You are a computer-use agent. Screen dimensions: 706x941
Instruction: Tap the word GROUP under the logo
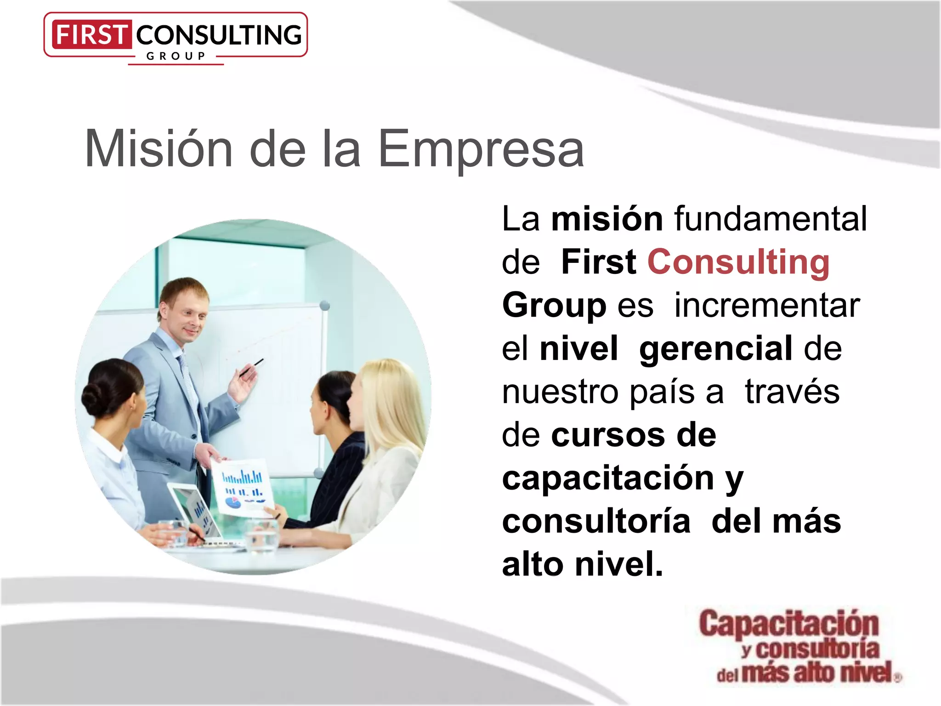(176, 57)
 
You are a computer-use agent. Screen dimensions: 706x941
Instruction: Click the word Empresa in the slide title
(481, 149)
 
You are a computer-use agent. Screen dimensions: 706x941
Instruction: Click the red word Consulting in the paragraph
(738, 262)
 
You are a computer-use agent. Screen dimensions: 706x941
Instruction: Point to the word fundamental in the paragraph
(771, 219)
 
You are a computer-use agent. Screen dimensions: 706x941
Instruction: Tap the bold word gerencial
(715, 348)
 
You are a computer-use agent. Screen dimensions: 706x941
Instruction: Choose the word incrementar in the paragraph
(767, 305)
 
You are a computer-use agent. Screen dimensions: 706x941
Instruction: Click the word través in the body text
(792, 392)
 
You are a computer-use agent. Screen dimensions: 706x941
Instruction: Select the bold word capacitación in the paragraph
(608, 478)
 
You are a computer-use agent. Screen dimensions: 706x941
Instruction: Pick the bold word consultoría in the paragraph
(596, 521)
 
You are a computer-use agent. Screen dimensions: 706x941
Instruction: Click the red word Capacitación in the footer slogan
(789, 624)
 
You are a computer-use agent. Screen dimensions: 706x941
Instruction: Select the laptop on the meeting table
(195, 512)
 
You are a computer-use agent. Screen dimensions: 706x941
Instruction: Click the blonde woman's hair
(391, 404)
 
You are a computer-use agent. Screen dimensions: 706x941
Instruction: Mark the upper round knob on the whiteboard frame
(324, 305)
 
